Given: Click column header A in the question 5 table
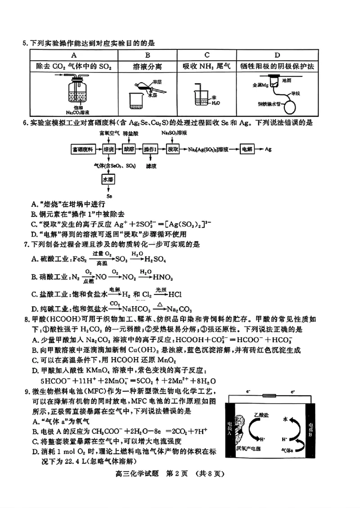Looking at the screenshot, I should pyautogui.click(x=73, y=55).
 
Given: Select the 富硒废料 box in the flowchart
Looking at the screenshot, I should pyautogui.click(x=83, y=149).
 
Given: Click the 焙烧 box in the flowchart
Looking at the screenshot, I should pyautogui.click(x=108, y=149).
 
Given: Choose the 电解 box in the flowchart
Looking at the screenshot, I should pyautogui.click(x=247, y=149).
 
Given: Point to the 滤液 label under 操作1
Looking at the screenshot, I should pyautogui.click(x=151, y=165).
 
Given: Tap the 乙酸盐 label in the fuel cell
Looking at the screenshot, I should pyautogui.click(x=261, y=413).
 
